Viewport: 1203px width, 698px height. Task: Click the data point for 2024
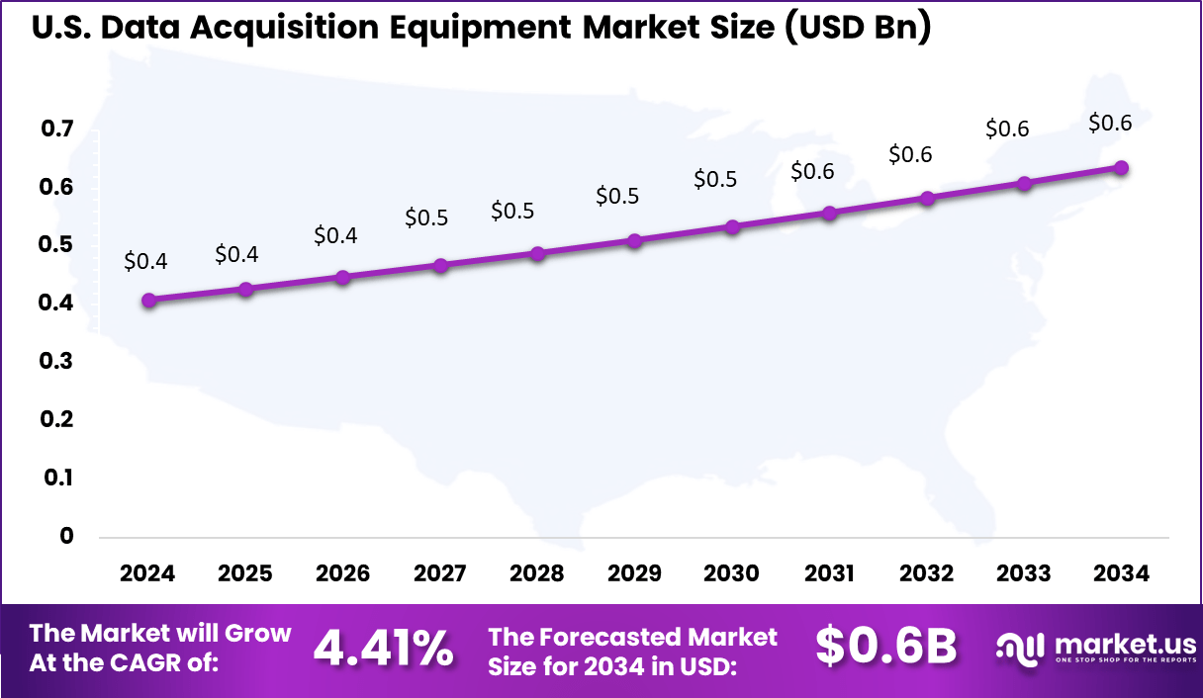tap(148, 301)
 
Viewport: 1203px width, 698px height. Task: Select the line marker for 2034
tap(1121, 168)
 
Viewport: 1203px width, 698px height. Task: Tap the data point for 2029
tap(635, 240)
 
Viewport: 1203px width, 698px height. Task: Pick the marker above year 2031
tap(830, 214)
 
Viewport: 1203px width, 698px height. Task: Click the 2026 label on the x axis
tap(342, 574)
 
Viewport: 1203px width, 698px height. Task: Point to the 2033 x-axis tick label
tap(1024, 574)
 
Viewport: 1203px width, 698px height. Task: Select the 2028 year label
tap(537, 574)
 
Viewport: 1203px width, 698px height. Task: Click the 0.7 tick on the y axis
tap(57, 129)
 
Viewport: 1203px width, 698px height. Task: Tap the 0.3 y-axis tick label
tap(57, 361)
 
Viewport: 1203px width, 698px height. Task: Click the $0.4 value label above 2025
tap(236, 255)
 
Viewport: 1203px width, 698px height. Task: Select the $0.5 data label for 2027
tap(426, 218)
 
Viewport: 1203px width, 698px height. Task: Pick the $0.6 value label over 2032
tap(910, 155)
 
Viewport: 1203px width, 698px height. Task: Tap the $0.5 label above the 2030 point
tap(715, 180)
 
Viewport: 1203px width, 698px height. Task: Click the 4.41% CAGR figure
tap(383, 649)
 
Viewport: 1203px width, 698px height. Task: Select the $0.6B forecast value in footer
tap(885, 647)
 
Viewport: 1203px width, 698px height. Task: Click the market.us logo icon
tap(1021, 649)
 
